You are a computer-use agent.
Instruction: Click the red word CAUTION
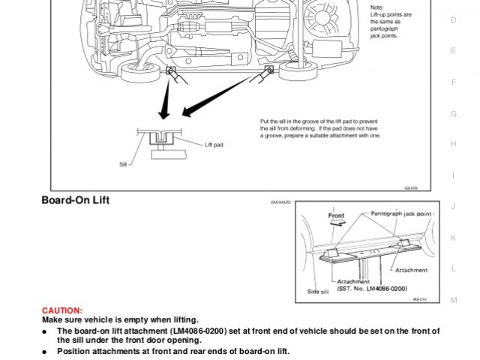(62, 310)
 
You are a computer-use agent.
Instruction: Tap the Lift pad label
(215, 144)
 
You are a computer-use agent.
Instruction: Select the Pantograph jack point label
(402, 214)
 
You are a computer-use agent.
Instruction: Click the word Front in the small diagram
(337, 215)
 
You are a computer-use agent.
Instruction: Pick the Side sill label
(319, 289)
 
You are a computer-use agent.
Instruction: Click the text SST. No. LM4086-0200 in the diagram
(373, 288)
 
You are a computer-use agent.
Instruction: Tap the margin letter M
(453, 300)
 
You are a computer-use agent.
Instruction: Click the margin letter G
(453, 113)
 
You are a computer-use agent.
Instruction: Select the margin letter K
(453, 237)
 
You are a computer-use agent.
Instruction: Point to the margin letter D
(453, 20)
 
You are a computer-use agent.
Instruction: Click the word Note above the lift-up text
(376, 7)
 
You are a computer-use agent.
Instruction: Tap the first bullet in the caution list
(46, 331)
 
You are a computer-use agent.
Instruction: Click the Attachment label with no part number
(411, 270)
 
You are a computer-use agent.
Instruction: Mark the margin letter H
(453, 143)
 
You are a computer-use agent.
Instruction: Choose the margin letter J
(453, 206)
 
